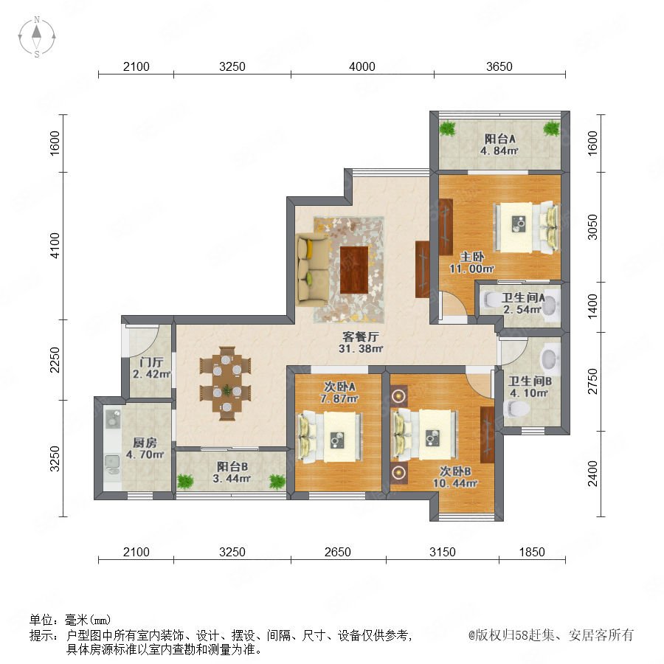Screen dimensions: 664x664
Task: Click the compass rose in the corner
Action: coord(37,37)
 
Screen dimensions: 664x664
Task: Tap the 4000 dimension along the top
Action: coord(362,66)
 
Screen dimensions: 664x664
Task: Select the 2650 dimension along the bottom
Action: coord(337,552)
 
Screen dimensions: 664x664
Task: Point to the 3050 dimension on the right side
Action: coord(592,227)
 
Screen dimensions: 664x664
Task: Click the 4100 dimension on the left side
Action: coord(55,245)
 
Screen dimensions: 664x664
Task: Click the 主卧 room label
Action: coord(472,257)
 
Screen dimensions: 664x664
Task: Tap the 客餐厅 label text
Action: coord(360,336)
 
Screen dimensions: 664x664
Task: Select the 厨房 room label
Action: coord(145,443)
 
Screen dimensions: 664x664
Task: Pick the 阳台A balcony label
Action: coord(499,139)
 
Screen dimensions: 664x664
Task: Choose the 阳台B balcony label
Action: coord(232,466)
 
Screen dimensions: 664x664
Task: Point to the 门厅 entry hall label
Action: coord(151,362)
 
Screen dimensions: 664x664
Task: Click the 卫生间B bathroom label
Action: coord(530,381)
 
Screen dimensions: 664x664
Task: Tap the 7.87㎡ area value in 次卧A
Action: coord(339,398)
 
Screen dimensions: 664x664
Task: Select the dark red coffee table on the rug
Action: coord(354,270)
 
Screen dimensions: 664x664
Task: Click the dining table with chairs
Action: coord(226,383)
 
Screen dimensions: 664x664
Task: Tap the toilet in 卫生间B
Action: coord(516,409)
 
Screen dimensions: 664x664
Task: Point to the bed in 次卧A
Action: coord(331,437)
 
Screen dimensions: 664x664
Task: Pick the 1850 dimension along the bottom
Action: coord(532,552)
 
